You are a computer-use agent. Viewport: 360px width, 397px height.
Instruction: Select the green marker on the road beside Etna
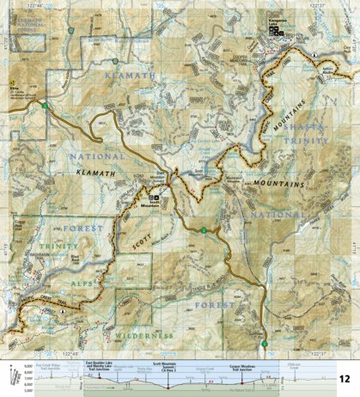[42, 106]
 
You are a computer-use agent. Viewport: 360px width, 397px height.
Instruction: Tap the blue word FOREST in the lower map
[214, 302]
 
